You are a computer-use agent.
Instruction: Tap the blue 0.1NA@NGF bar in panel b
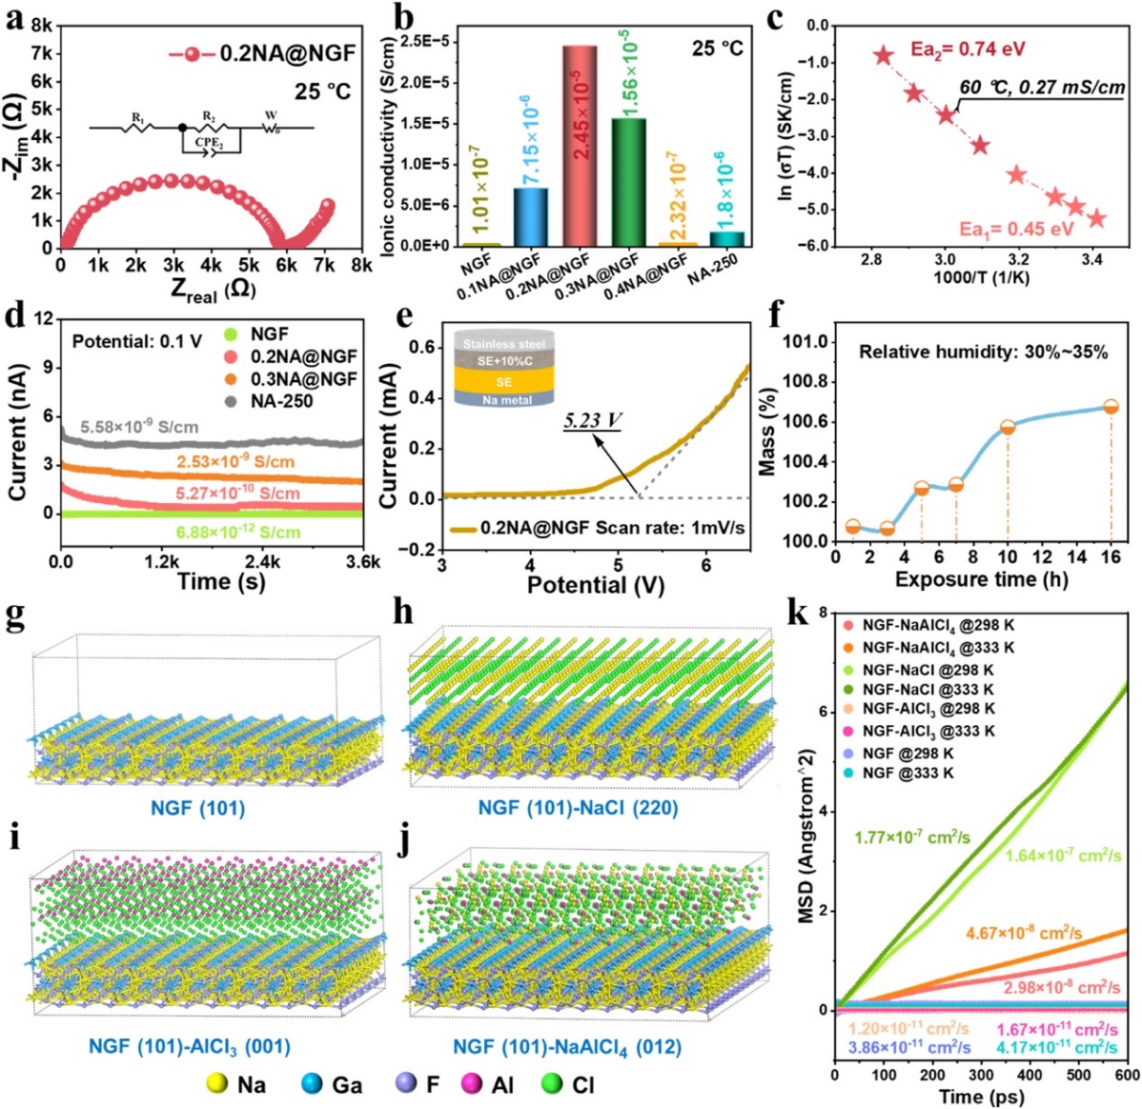[531, 216]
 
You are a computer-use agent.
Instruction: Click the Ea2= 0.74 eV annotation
[969, 50]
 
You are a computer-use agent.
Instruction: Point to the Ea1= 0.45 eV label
[1016, 229]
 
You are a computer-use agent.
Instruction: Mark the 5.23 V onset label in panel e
[591, 419]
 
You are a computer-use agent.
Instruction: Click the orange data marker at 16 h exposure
[1111, 407]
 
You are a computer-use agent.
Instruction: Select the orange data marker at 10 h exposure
[1008, 427]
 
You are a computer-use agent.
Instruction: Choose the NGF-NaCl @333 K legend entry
[928, 689]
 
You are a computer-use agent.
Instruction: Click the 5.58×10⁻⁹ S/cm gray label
[139, 428]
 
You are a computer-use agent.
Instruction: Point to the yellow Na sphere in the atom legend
[217, 1084]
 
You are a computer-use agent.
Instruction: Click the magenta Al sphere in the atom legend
[471, 1084]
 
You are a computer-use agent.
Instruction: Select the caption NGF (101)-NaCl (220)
[578, 808]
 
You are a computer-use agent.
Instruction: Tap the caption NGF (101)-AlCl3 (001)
[189, 1046]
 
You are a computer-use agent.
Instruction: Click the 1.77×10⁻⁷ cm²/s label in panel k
[912, 837]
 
